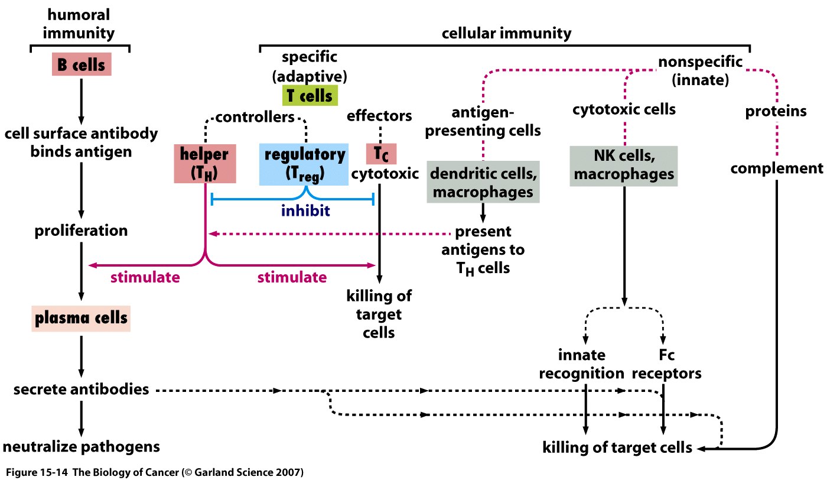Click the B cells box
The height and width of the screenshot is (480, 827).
click(80, 64)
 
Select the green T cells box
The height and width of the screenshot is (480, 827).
click(309, 95)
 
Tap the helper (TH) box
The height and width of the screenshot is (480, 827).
click(205, 164)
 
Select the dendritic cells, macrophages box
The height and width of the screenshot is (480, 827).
click(483, 183)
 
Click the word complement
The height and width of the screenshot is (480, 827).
click(776, 168)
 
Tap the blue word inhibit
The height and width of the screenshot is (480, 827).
click(306, 211)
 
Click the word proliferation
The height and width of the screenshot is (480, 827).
click(81, 230)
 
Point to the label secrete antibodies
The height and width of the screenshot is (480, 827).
click(80, 390)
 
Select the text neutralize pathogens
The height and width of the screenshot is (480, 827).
click(80, 446)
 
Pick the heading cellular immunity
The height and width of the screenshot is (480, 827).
click(506, 33)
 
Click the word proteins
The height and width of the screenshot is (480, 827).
click(776, 111)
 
